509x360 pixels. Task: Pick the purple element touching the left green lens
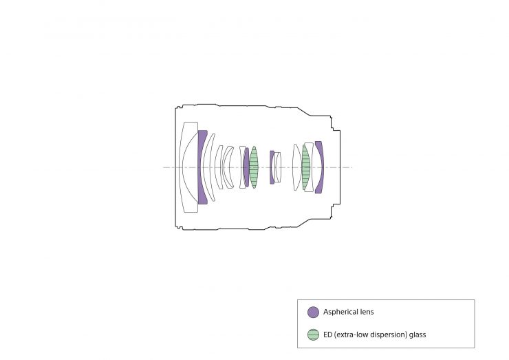pos(247,167)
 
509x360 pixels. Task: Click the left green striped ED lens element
pos(254,167)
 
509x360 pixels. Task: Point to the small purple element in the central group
pos(272,167)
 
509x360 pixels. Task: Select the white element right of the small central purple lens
pos(278,167)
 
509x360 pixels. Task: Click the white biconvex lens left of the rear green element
pos(296,167)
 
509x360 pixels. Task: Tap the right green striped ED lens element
pos(306,167)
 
